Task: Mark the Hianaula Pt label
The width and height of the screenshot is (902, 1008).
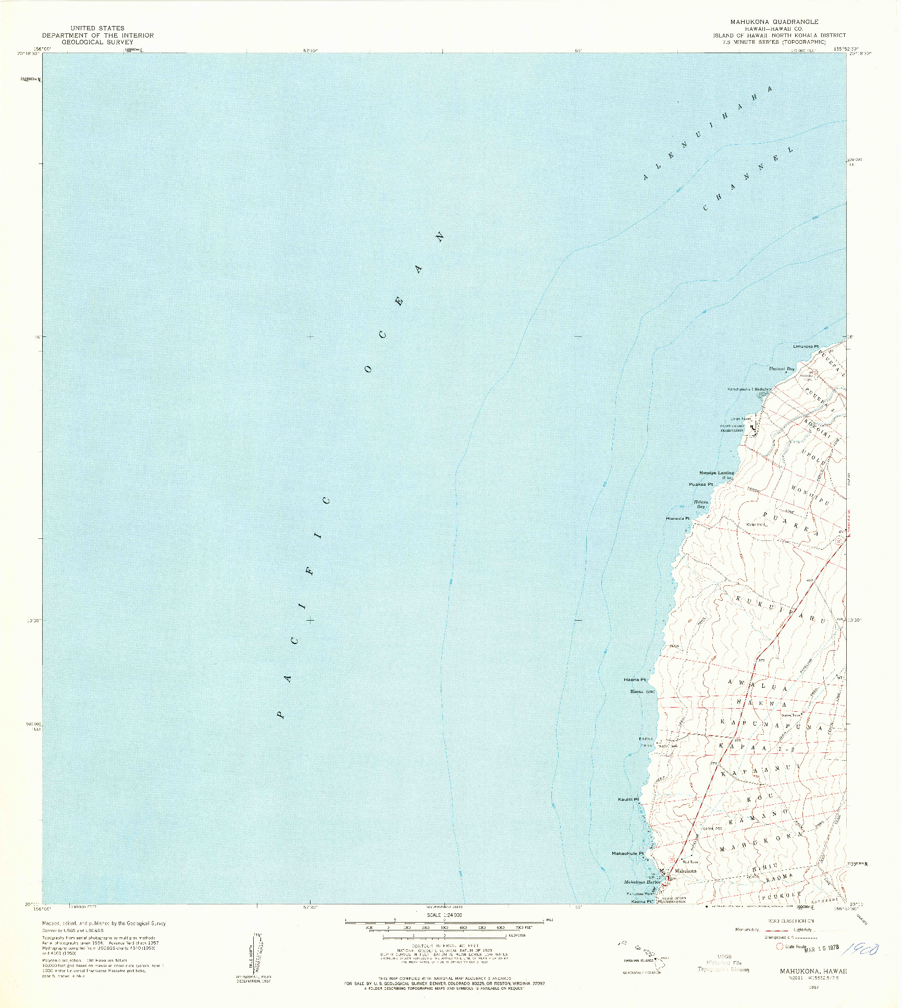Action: point(677,519)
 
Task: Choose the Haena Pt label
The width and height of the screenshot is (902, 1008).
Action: point(635,680)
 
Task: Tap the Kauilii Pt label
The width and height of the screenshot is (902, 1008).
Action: point(628,813)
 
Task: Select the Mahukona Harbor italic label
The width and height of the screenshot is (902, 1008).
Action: point(642,882)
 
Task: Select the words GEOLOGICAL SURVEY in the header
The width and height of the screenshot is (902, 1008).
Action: point(97,42)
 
